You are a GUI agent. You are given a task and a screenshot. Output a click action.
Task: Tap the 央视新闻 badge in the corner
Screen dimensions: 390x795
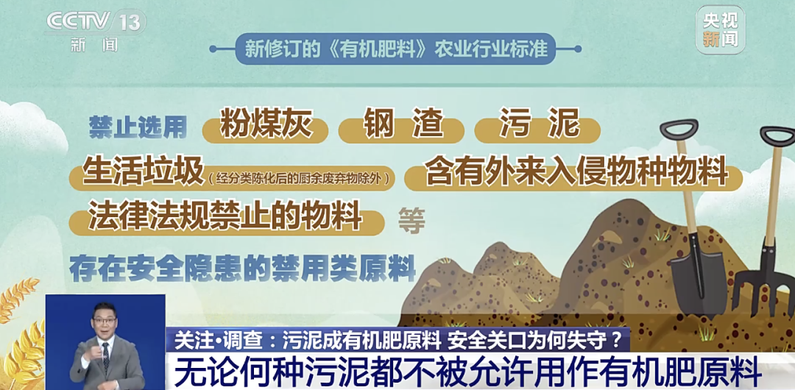[x=720, y=29]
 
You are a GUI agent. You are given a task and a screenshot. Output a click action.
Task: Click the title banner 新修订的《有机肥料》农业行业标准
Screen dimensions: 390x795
[x=395, y=49]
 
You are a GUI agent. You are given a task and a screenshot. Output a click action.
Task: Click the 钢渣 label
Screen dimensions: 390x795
[x=403, y=125]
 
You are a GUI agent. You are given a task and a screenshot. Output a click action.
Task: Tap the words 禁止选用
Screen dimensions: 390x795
[x=138, y=127]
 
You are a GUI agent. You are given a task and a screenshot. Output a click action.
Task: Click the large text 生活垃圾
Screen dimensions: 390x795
[x=143, y=172]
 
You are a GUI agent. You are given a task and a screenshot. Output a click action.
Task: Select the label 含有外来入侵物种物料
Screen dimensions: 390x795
[x=576, y=172]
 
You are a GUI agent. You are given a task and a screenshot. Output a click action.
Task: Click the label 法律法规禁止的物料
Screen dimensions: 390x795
[x=225, y=217]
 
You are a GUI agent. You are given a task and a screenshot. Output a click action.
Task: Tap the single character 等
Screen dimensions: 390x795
[x=411, y=219]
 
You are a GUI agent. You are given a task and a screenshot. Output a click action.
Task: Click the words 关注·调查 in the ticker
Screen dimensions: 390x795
[x=213, y=339]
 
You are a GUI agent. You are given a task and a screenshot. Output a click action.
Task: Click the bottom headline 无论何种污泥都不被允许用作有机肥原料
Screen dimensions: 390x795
[x=467, y=370]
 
